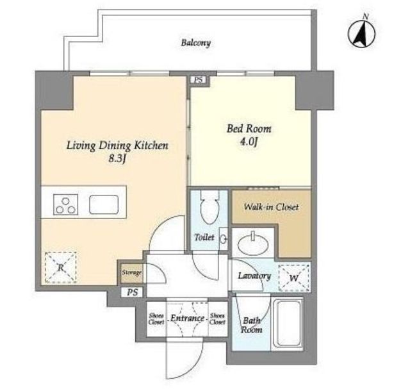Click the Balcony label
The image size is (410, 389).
[196, 43]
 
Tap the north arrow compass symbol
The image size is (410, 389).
[362, 33]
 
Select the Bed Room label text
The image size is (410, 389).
[249, 128]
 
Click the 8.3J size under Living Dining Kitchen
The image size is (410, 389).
[118, 158]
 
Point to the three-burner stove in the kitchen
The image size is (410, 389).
[65, 204]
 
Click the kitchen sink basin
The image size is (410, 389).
[104, 204]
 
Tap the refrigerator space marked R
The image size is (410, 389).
[61, 267]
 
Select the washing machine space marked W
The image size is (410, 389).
[294, 277]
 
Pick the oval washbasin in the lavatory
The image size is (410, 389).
[253, 244]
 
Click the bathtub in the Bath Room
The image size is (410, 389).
[288, 324]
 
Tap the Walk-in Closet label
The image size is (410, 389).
[271, 207]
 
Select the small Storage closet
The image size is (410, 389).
[132, 273]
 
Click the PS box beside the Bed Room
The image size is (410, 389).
[199, 79]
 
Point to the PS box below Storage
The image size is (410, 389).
[133, 292]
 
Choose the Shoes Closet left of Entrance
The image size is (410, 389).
[156, 319]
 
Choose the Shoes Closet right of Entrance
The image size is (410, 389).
[218, 319]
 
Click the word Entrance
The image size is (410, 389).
[187, 319]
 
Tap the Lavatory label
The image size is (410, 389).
[254, 276]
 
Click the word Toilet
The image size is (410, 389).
[204, 237]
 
